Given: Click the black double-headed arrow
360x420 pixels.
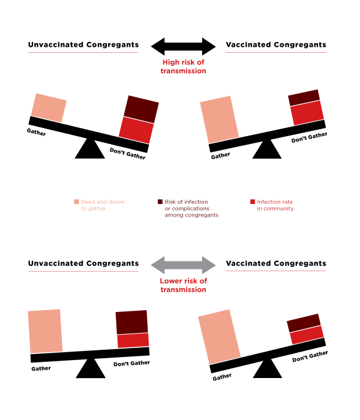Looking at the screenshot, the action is click(x=183, y=47).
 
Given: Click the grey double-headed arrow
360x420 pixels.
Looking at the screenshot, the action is click(x=183, y=265).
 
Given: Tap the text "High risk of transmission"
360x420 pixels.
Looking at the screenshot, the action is click(x=184, y=67).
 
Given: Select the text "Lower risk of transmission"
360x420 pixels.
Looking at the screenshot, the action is click(x=184, y=285).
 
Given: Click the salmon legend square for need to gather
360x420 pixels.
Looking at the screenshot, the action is click(x=76, y=202).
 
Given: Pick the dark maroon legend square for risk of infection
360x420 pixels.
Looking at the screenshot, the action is click(x=160, y=202).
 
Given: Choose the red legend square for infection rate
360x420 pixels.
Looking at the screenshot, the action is click(x=253, y=202).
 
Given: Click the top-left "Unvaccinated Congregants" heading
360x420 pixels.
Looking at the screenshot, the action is click(x=83, y=44).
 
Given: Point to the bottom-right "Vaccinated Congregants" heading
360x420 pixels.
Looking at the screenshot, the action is click(x=276, y=263).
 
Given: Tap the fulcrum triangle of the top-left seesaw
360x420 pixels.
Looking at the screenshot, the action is click(x=90, y=149).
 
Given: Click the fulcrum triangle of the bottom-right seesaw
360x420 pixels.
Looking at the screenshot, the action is click(x=268, y=370).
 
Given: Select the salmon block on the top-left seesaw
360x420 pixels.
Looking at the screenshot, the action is click(x=49, y=108).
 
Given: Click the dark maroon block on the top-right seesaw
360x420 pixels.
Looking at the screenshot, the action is click(x=304, y=97).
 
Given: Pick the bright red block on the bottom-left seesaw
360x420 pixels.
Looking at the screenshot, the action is click(x=133, y=340).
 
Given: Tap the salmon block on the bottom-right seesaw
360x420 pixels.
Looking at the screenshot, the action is click(x=220, y=337).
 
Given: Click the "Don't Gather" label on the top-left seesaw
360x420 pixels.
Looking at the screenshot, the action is click(x=127, y=154).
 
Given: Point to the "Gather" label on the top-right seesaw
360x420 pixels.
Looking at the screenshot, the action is click(x=220, y=155).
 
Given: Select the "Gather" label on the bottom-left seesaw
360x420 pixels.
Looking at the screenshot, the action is click(x=41, y=368).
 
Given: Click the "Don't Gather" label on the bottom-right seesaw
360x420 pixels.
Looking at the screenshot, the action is click(x=310, y=356).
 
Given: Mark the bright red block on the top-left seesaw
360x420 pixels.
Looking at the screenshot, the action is click(x=136, y=130).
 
